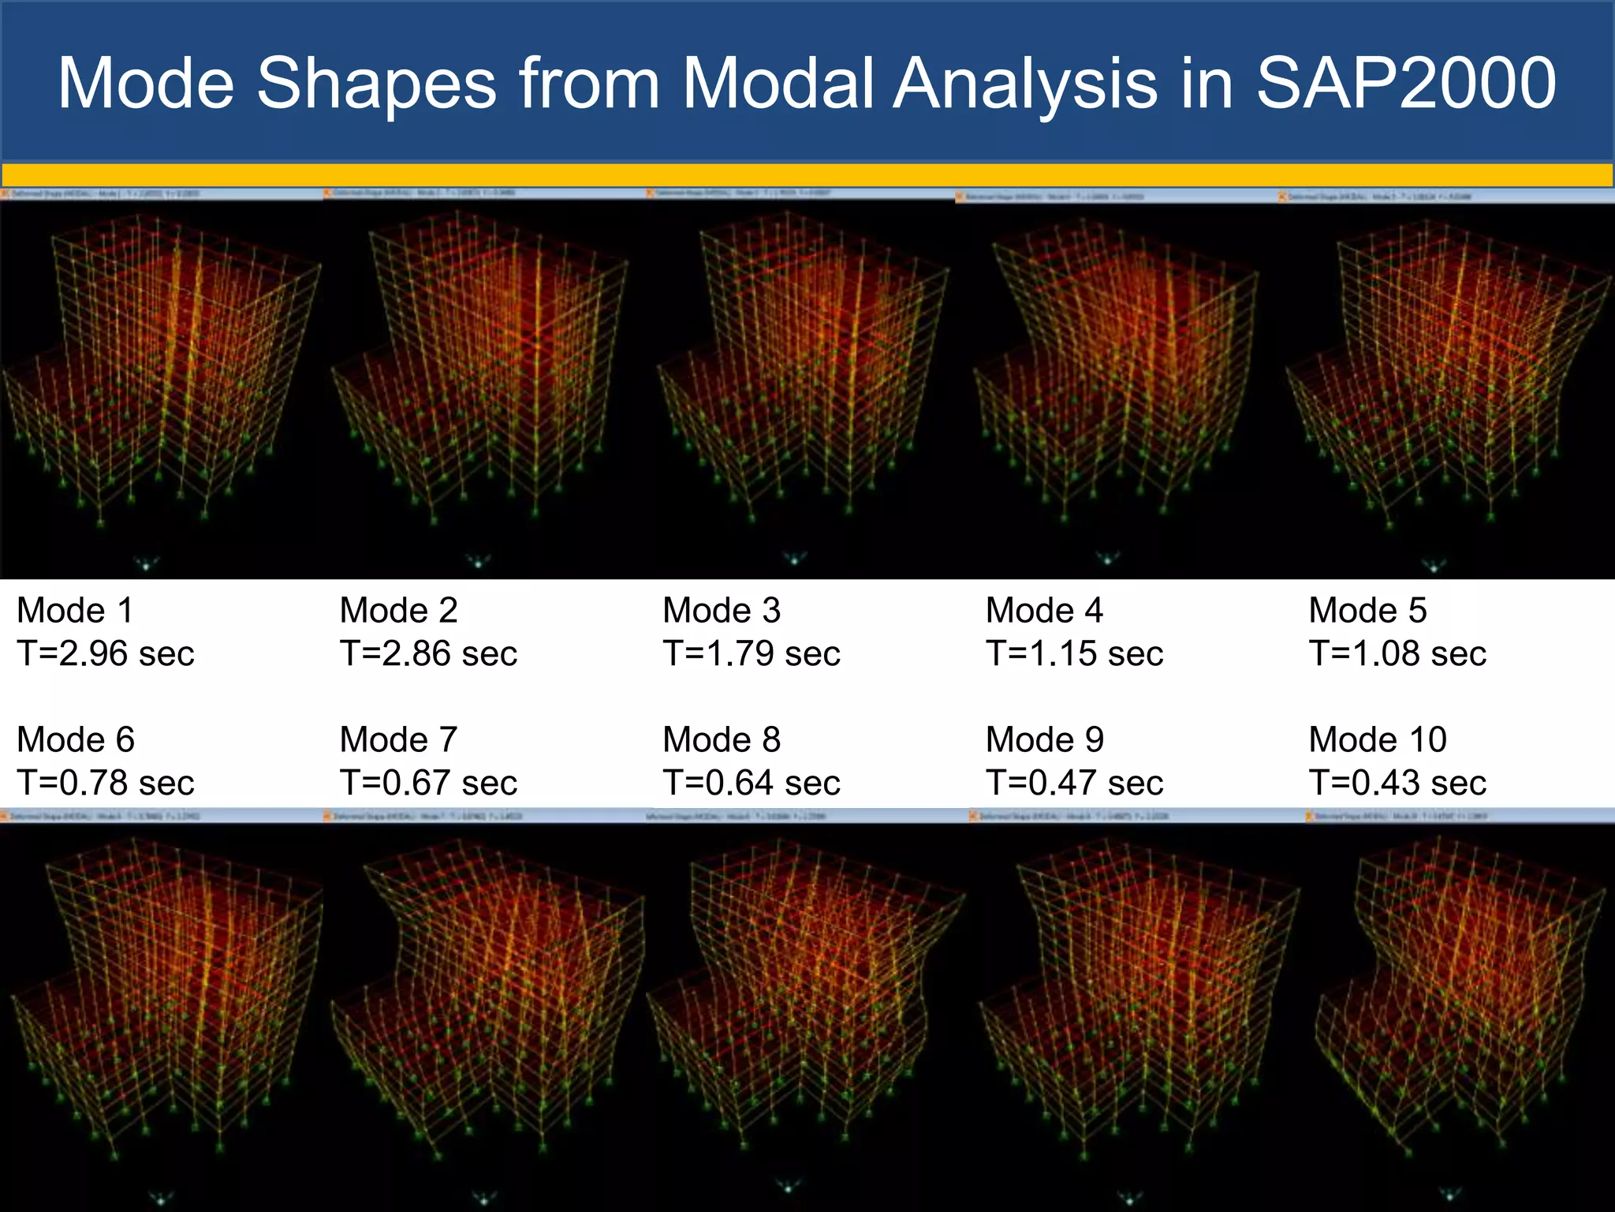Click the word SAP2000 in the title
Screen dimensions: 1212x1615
pyautogui.click(x=1405, y=83)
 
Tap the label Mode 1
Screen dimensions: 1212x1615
pyautogui.click(x=76, y=611)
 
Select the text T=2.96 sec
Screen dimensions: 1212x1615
pyautogui.click(x=106, y=653)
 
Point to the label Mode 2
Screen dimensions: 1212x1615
pyautogui.click(x=398, y=611)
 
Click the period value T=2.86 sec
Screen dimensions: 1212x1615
pyautogui.click(x=428, y=653)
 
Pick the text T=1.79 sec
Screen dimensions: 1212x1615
pyautogui.click(x=752, y=653)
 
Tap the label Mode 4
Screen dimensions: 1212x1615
pyautogui.click(x=1044, y=611)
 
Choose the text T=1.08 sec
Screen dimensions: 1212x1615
pyautogui.click(x=1397, y=653)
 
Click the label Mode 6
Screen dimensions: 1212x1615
pyautogui.click(x=76, y=740)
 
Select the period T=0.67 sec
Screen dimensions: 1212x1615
pyautogui.click(x=428, y=783)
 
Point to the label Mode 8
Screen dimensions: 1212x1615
pyautogui.click(x=722, y=740)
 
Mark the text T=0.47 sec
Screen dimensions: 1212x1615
pyautogui.click(x=1074, y=783)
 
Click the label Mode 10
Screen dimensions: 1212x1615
pyautogui.click(x=1378, y=740)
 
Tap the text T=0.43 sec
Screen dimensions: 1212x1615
pyautogui.click(x=1397, y=783)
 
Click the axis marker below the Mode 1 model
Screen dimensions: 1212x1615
pyautogui.click(x=147, y=563)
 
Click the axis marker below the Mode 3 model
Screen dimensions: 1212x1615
pyautogui.click(x=794, y=559)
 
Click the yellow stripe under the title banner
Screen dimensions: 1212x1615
pyautogui.click(x=807, y=174)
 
